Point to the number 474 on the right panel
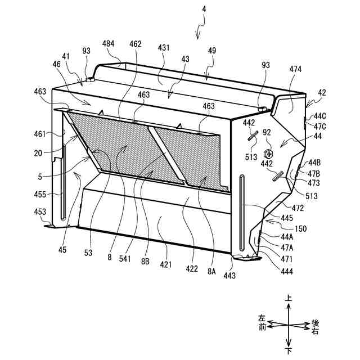(295, 69)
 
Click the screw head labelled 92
(270, 152)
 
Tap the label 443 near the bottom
(229, 276)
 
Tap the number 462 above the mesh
(135, 44)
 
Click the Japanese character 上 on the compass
(288, 300)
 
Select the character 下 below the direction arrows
(288, 351)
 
